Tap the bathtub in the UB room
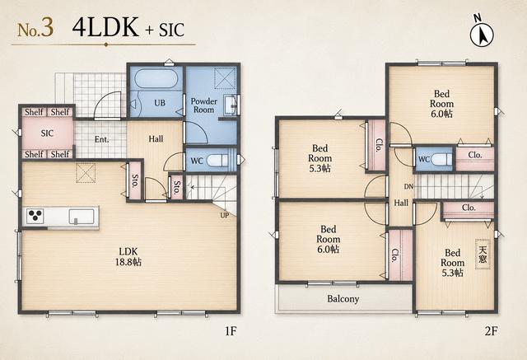click(156, 79)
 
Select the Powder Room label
click(203, 105)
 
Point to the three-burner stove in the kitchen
click(35, 216)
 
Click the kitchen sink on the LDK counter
click(82, 217)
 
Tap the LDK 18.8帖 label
click(128, 256)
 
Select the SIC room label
click(47, 133)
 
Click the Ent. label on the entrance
click(101, 139)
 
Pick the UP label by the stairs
click(225, 215)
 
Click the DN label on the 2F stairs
click(408, 186)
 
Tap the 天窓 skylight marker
click(483, 254)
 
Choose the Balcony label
click(343, 298)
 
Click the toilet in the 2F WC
click(441, 159)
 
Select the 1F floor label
click(231, 331)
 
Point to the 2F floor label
click(491, 331)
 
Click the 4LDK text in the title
click(105, 27)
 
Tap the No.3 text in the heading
click(35, 29)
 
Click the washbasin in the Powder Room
click(231, 105)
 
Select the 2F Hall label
click(401, 203)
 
